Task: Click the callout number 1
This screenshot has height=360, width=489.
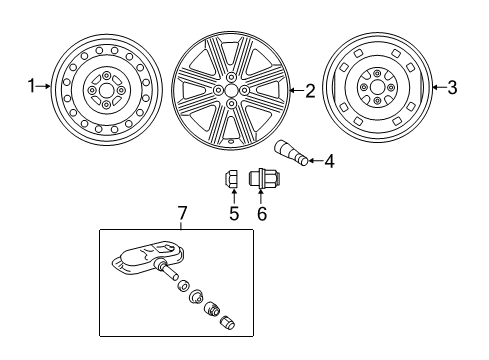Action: (x=32, y=86)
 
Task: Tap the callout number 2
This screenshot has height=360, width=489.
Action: (x=310, y=91)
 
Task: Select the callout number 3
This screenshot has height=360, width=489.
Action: (x=452, y=88)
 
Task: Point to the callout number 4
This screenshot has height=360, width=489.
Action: (x=329, y=161)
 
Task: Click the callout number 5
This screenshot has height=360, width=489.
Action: (x=234, y=213)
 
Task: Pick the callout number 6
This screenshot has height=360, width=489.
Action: (x=262, y=213)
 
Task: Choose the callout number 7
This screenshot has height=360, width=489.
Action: (x=182, y=213)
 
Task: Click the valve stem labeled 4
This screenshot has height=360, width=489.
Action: (x=291, y=153)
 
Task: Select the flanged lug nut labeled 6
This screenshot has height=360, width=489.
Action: (x=264, y=178)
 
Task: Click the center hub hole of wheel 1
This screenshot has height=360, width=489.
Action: (x=106, y=90)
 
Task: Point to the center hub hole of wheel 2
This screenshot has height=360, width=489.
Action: (x=231, y=90)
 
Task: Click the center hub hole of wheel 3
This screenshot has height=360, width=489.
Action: (x=377, y=88)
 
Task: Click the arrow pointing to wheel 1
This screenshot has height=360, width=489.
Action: (x=43, y=86)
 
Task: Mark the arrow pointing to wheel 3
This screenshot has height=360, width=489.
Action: (x=439, y=88)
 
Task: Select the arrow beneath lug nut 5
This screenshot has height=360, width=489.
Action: (x=234, y=196)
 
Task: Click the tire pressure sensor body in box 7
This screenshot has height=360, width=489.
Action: (x=148, y=257)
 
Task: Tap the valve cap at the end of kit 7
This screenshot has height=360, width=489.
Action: (x=228, y=322)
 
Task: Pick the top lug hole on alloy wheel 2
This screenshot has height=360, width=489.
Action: (x=230, y=77)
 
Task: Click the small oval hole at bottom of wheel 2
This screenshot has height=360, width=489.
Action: (x=231, y=141)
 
